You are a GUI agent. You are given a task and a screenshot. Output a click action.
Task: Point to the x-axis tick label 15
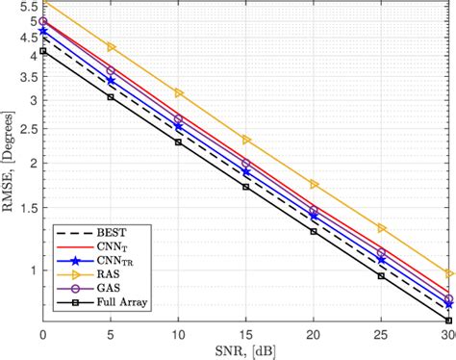[246, 331]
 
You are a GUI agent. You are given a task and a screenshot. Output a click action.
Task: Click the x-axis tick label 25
[382, 331]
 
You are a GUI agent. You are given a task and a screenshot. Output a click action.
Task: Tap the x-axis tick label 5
[111, 331]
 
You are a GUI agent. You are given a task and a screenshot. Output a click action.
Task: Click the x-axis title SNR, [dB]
[246, 349]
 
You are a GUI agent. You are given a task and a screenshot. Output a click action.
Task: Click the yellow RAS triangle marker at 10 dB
[179, 92]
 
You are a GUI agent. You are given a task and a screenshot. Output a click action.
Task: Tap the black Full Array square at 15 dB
[246, 187]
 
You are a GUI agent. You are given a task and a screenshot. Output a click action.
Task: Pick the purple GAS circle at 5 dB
[111, 70]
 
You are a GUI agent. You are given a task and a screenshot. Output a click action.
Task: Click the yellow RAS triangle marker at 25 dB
[382, 228]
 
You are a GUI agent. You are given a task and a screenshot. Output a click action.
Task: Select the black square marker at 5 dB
[111, 97]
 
